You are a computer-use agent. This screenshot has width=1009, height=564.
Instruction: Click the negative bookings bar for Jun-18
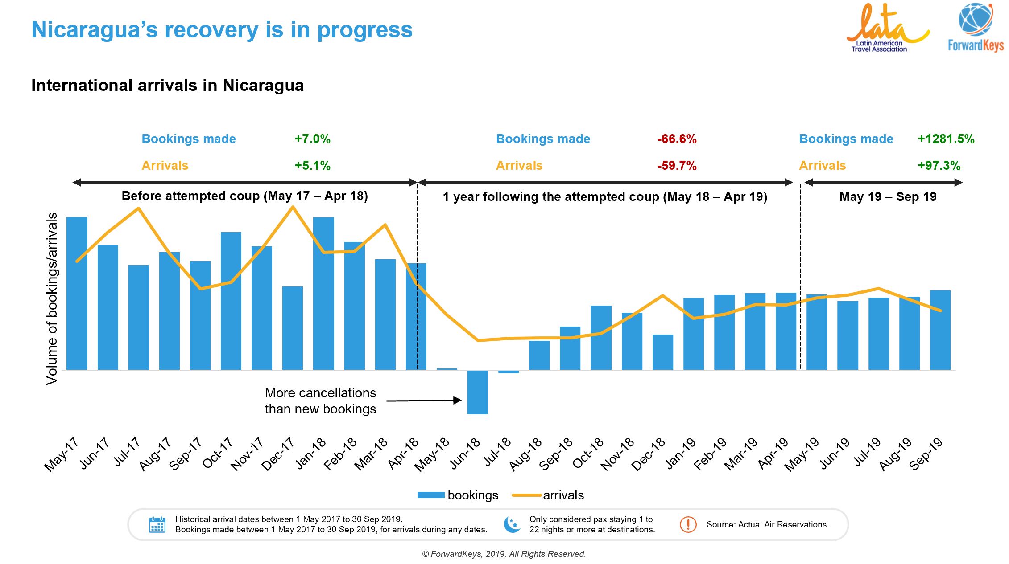[477, 392]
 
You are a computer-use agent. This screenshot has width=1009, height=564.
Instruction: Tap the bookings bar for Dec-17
[293, 328]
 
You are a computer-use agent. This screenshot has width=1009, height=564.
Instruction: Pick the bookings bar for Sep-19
[940, 330]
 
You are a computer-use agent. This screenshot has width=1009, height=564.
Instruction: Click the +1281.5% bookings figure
[946, 139]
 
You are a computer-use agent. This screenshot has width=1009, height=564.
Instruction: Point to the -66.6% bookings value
[677, 139]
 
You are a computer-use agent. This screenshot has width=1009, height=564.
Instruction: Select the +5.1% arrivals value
[312, 166]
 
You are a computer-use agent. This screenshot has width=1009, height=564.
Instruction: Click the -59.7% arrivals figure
[677, 166]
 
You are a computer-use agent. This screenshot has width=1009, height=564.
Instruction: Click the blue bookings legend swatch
[430, 495]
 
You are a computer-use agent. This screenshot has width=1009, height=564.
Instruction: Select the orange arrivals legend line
[526, 495]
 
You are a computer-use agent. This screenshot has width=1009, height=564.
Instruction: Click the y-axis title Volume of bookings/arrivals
[52, 298]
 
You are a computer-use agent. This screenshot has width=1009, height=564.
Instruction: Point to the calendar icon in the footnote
[157, 525]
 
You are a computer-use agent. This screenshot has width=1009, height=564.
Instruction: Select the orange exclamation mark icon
[688, 524]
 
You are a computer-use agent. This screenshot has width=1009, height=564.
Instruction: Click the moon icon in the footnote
[512, 524]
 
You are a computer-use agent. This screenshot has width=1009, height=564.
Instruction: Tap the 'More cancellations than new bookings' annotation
[320, 401]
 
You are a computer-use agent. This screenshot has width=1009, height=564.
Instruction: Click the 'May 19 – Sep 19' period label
[888, 196]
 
